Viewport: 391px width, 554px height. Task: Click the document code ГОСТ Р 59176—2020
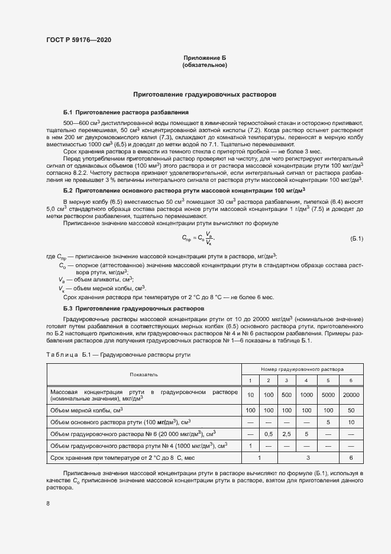(78, 40)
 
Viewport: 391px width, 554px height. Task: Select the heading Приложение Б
(205, 57)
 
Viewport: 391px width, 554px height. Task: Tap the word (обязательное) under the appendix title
(205, 65)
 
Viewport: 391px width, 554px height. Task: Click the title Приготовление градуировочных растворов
(205, 94)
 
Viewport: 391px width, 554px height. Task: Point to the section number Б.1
(67, 112)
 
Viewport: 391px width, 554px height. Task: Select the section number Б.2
(67, 191)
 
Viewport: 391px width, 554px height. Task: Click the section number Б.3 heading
(67, 309)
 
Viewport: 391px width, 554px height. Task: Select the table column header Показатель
(144, 374)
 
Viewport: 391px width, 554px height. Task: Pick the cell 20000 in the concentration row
(351, 395)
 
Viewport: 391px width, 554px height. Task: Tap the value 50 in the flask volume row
(351, 410)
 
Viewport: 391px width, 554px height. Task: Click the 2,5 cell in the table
(286, 434)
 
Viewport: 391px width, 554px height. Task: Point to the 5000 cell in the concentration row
(328, 395)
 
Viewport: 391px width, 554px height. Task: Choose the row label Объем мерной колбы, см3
(86, 410)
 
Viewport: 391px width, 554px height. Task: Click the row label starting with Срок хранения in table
(122, 457)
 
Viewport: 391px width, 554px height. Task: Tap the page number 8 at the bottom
(48, 504)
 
